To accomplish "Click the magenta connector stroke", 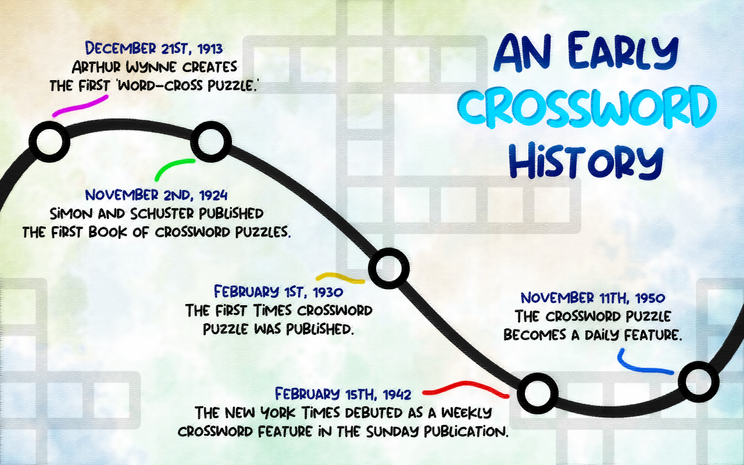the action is [80, 106].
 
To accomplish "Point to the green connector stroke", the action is [171, 165].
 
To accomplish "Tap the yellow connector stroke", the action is [340, 278].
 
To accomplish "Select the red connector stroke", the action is [466, 388].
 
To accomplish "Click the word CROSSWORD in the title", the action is [587, 107].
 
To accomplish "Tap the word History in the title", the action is [586, 161].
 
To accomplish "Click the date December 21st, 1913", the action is [154, 48].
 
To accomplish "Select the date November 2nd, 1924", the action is [156, 195].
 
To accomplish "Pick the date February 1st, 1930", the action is [278, 292].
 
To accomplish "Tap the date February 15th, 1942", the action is [343, 394].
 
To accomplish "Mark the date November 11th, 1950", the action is [593, 298].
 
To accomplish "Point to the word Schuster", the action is [162, 213].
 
